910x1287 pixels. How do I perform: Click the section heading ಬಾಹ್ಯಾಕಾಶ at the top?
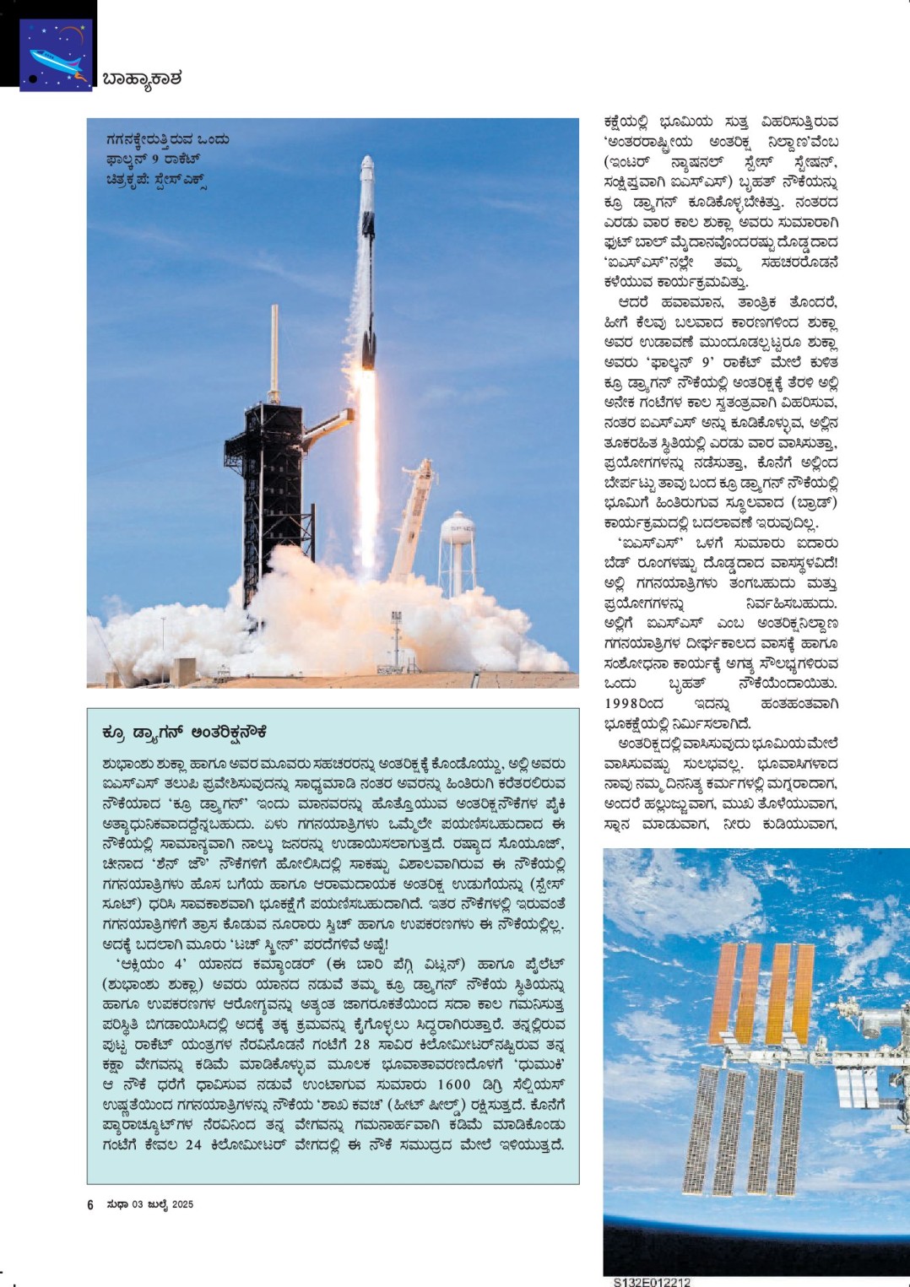(x=142, y=79)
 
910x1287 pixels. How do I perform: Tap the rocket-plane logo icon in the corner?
(x=56, y=55)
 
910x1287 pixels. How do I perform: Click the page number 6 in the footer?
(x=90, y=1204)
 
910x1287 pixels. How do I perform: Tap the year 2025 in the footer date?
(x=182, y=1204)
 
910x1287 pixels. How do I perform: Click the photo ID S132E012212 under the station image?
(x=652, y=1282)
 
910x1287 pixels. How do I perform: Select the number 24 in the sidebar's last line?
(x=193, y=1144)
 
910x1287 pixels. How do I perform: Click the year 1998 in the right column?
(x=623, y=703)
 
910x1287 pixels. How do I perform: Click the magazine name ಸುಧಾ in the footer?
(x=116, y=1204)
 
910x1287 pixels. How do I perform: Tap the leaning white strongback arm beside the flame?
(x=413, y=515)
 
